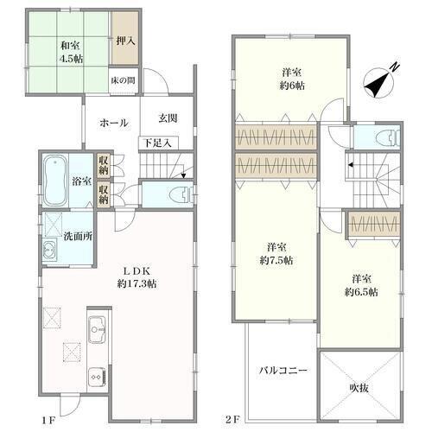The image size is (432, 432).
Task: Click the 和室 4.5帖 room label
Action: tap(71, 52)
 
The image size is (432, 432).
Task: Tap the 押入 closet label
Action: tap(125, 41)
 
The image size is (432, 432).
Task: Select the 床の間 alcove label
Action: tap(124, 80)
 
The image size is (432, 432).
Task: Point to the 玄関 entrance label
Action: tap(168, 118)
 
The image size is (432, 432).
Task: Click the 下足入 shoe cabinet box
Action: tap(158, 143)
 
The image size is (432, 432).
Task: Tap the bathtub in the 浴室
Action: tap(55, 181)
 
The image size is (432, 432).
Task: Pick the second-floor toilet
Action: tap(388, 137)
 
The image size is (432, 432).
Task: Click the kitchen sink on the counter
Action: tap(97, 329)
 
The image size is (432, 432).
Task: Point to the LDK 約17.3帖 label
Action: tap(137, 277)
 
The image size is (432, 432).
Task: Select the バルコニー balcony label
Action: tap(283, 371)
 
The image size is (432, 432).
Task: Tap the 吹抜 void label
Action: tap(359, 388)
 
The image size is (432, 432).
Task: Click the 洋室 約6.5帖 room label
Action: tap(361, 285)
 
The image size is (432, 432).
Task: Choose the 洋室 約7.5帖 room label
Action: tap(276, 254)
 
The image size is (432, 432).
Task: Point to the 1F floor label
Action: tap(48, 420)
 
